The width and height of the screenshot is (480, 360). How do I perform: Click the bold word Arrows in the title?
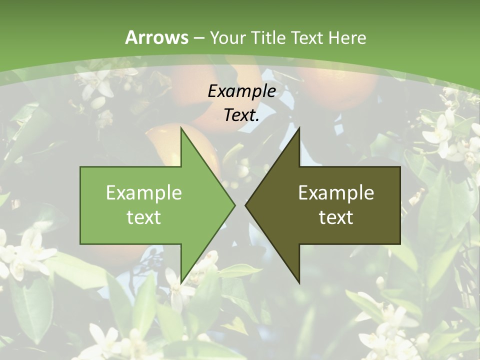157,37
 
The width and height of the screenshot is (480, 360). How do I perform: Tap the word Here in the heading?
347,37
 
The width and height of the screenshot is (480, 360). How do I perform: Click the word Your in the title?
227,37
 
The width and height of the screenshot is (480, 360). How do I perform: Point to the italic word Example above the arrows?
242,91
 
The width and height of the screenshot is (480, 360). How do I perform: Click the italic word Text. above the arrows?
242,115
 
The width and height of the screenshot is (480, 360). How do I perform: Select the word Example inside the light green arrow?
144,192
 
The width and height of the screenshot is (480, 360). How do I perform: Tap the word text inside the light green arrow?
144,217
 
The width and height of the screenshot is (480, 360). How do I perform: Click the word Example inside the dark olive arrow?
336,192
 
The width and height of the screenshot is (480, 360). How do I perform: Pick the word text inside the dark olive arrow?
336,217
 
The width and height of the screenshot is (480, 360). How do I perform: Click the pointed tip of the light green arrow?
234,205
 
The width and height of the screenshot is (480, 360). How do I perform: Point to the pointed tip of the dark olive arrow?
245,205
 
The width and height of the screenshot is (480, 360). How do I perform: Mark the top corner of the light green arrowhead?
181,128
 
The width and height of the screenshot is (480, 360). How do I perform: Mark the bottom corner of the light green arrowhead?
181,282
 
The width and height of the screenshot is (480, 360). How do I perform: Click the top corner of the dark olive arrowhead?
299,128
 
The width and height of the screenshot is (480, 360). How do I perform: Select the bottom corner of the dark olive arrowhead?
299,282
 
